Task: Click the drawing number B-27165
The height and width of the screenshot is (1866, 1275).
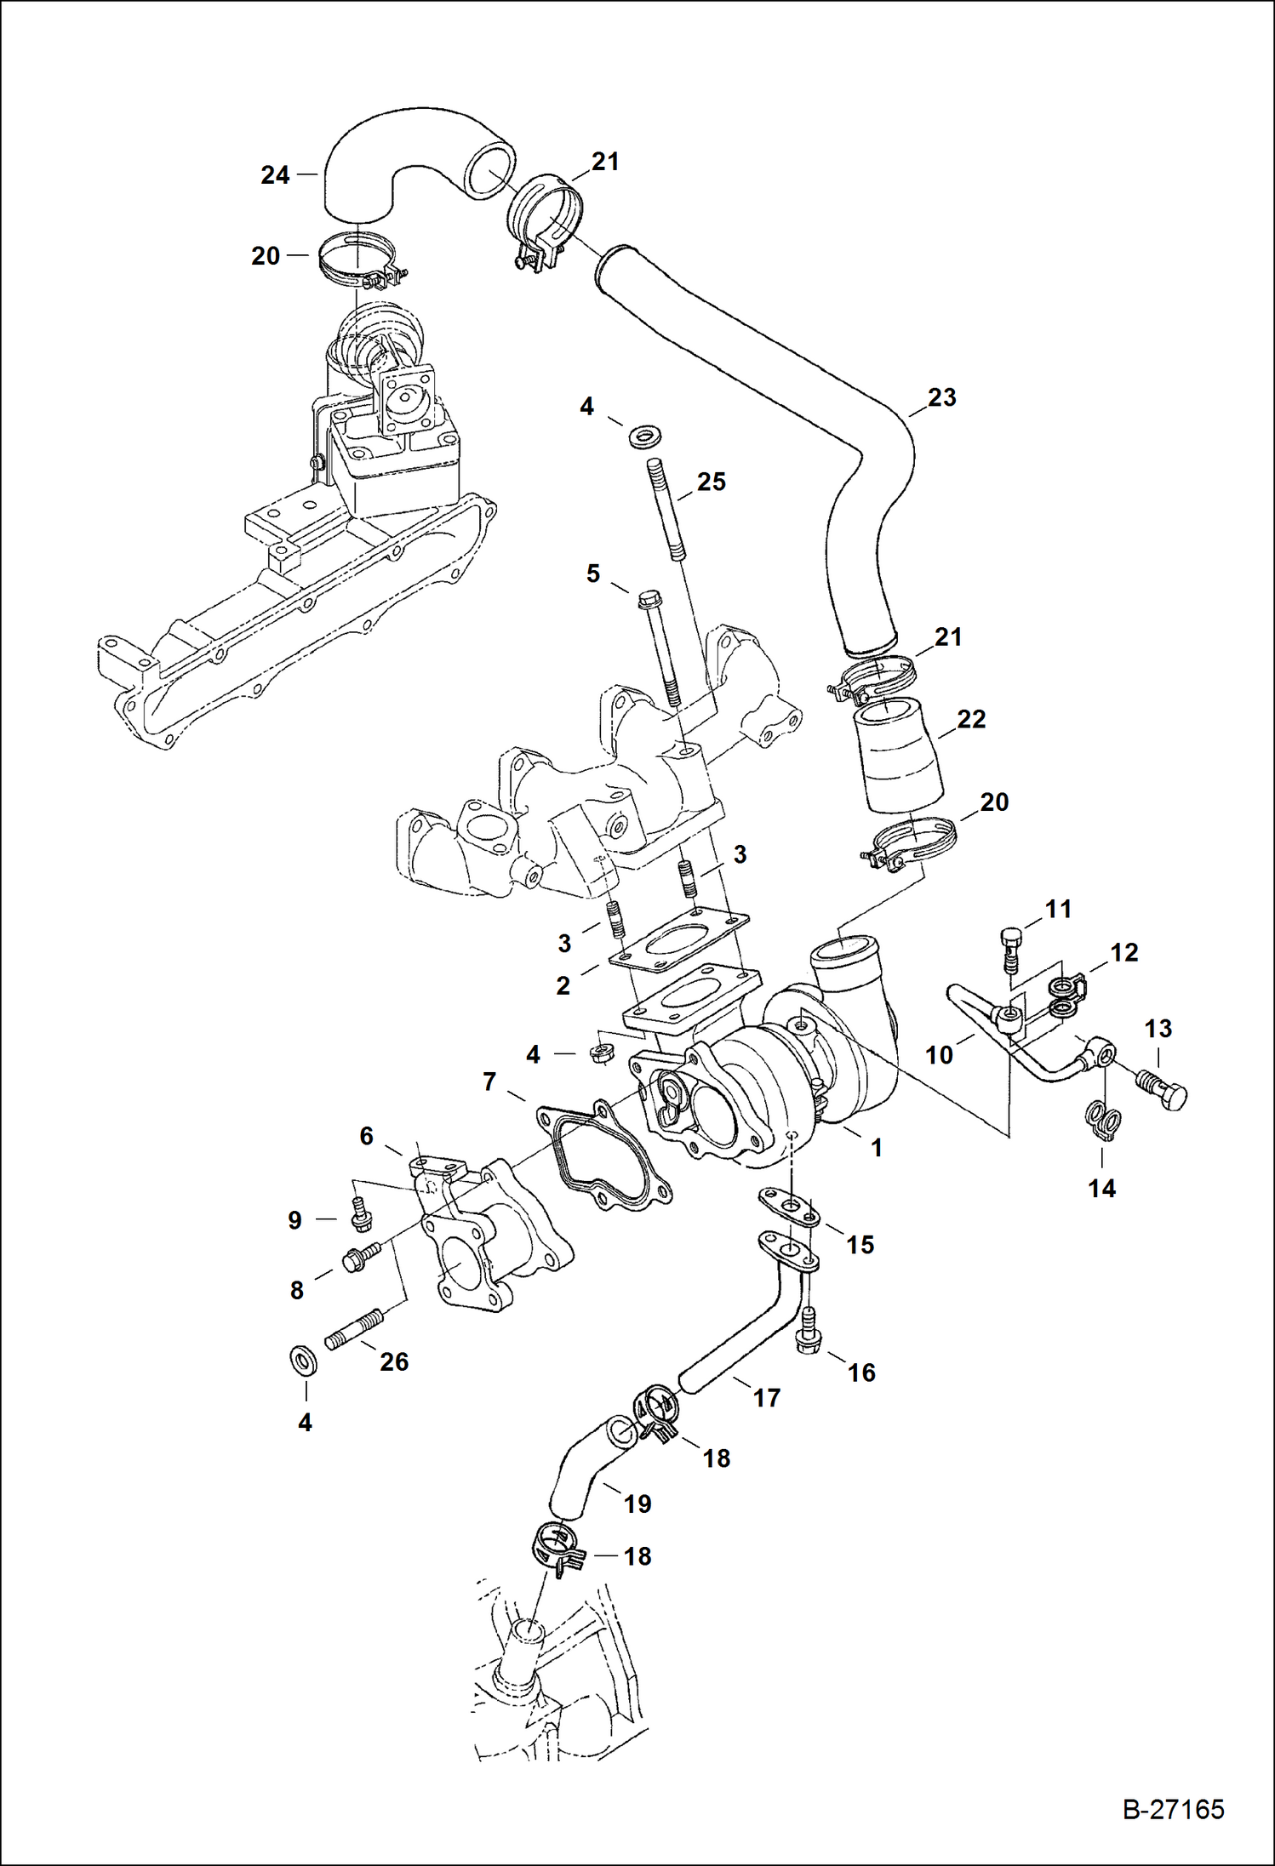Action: point(1172,1809)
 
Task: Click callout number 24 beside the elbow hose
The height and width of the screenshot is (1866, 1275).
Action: point(275,175)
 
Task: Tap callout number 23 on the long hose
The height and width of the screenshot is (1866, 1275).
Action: point(941,397)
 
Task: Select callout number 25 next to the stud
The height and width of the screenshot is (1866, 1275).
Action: point(711,482)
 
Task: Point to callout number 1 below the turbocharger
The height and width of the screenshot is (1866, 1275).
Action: point(876,1148)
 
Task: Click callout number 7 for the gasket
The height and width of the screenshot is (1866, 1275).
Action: point(489,1082)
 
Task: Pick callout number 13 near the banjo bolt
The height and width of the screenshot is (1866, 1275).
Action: point(1158,1029)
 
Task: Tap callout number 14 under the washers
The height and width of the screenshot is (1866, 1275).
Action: point(1101,1188)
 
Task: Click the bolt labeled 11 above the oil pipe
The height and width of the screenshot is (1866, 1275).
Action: point(1009,949)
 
